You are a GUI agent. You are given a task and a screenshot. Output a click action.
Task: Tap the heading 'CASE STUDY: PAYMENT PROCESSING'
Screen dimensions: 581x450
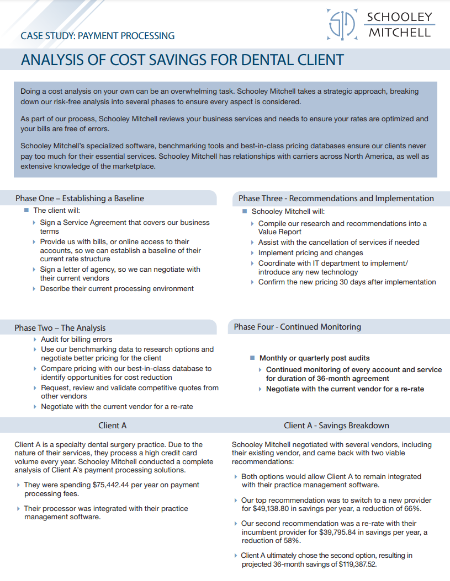[97, 36]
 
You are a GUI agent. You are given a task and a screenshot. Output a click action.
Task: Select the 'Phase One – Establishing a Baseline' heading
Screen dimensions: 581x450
[80, 198]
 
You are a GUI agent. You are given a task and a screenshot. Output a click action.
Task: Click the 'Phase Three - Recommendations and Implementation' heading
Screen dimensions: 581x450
[336, 198]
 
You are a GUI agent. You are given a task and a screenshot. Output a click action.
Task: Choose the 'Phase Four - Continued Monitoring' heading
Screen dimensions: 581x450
[297, 327]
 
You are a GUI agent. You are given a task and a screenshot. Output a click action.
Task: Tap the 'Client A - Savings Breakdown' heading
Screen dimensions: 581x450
[336, 426]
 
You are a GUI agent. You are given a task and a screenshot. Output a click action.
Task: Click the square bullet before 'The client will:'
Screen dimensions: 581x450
[26, 210]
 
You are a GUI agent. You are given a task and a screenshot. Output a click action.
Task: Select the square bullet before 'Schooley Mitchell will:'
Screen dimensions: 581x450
[245, 211]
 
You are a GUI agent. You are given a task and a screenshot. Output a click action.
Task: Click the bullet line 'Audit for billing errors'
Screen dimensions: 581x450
[76, 340]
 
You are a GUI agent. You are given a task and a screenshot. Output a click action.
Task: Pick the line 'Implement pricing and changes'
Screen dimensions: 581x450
[310, 253]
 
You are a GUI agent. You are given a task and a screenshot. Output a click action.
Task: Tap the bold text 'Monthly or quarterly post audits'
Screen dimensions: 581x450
[314, 358]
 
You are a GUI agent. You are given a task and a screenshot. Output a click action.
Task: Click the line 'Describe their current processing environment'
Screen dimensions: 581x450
[117, 289]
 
